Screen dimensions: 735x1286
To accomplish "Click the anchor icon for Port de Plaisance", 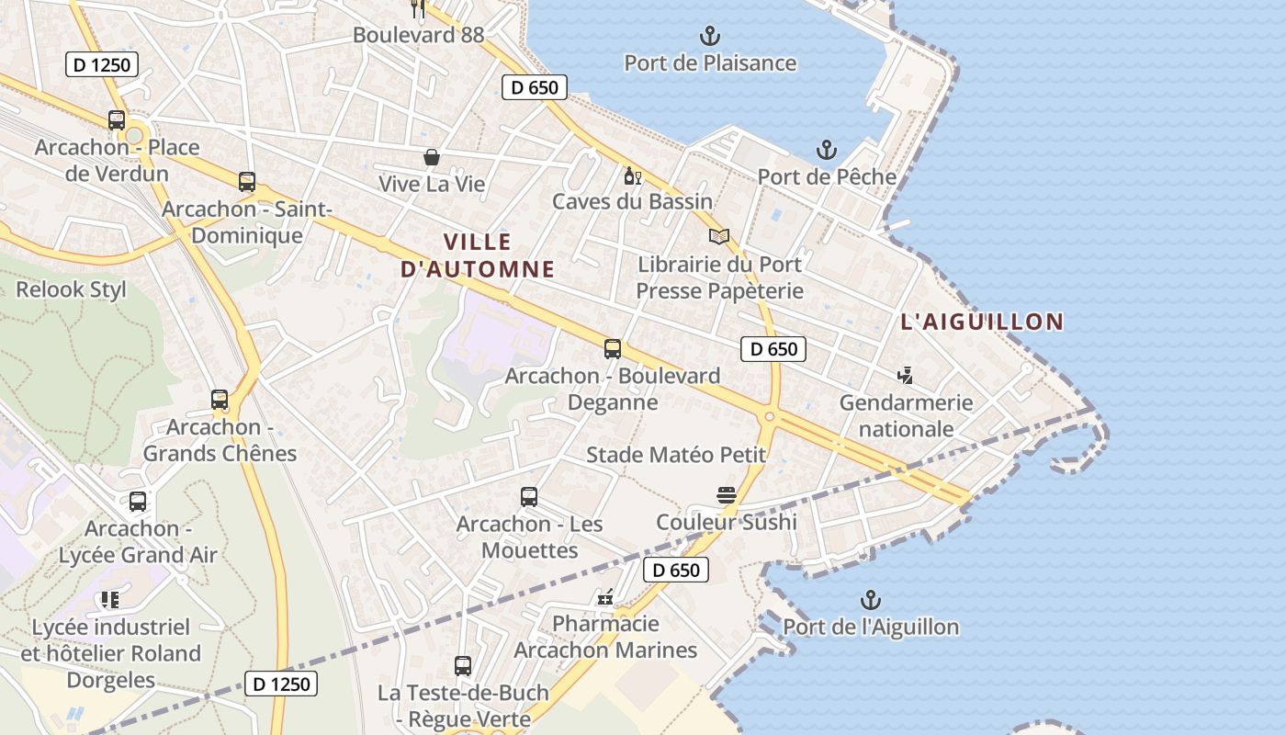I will (709, 37).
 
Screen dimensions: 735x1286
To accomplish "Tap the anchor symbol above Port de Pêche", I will (827, 150).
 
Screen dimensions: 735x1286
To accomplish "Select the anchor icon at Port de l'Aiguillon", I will (870, 601).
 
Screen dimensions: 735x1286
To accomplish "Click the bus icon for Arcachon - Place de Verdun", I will (117, 120).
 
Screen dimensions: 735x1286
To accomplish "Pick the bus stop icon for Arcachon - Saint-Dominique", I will (246, 182).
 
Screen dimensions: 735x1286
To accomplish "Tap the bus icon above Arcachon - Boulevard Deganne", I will (613, 349).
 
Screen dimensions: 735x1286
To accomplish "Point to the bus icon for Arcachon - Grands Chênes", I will (220, 400).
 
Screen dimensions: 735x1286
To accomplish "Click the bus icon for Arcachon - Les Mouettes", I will (529, 497).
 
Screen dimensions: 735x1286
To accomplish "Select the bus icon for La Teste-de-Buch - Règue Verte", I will (463, 666).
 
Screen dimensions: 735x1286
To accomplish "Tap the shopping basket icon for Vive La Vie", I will (431, 157).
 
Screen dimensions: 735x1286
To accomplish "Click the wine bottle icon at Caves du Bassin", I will (632, 175).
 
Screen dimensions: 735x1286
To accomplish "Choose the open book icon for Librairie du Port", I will (719, 237).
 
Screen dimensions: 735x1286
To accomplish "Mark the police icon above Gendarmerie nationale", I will (906, 376).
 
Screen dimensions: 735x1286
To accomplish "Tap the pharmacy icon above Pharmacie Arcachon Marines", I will (605, 598).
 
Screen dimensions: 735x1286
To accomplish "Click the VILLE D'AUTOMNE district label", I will (478, 255).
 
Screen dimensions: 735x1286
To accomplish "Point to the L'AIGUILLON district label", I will (982, 322).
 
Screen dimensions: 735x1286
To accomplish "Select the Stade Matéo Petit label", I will (676, 455).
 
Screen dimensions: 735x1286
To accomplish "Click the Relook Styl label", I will (72, 290).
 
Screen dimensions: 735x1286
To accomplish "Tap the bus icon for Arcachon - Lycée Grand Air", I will (138, 502).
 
